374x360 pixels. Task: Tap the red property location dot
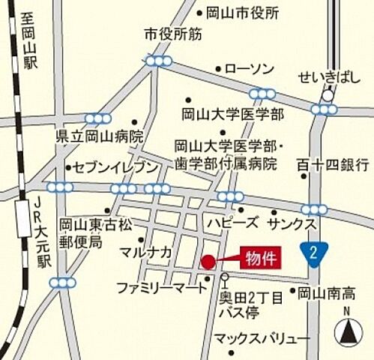tap(208, 262)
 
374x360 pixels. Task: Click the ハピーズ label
tap(232, 223)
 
